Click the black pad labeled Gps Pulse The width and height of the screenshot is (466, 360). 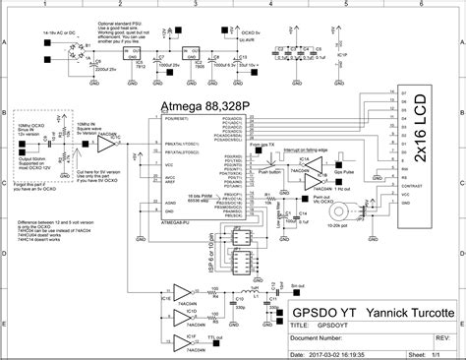pos(347,165)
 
